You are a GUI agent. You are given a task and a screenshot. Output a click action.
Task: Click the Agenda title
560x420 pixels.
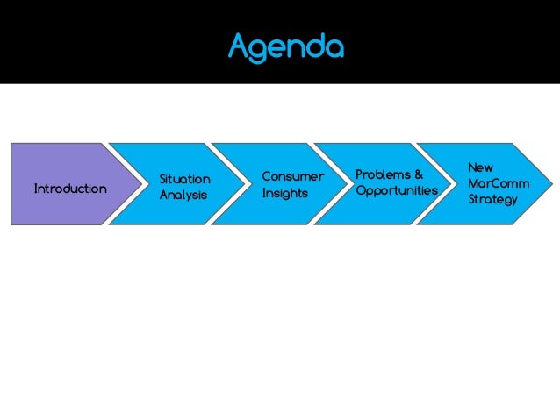[x=285, y=46]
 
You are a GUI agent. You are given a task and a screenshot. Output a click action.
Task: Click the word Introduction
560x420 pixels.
[x=70, y=189]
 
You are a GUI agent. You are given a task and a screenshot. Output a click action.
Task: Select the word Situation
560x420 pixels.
[x=184, y=180]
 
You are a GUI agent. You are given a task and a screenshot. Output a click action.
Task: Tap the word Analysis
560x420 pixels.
[x=183, y=195]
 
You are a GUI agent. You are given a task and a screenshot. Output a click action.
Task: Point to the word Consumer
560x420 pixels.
[x=292, y=177]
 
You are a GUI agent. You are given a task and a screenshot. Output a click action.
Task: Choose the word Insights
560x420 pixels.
[x=284, y=193]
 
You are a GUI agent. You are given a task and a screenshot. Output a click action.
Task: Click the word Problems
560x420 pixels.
[x=383, y=175]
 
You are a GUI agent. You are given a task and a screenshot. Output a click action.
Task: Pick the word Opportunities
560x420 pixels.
[x=397, y=190]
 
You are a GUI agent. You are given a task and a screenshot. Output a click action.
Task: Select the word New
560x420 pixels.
[x=480, y=167]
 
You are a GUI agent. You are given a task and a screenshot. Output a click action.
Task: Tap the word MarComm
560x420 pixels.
[x=499, y=183]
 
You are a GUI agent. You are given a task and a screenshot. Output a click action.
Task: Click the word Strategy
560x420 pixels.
[x=492, y=199]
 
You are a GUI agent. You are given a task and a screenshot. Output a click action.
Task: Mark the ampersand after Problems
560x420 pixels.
[x=419, y=175]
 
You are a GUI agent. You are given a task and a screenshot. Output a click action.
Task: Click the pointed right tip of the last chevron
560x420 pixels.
[x=550, y=184]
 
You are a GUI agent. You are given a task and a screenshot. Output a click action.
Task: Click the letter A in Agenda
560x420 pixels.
[x=240, y=46]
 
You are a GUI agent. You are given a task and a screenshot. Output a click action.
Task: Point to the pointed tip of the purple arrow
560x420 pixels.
[x=143, y=184]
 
